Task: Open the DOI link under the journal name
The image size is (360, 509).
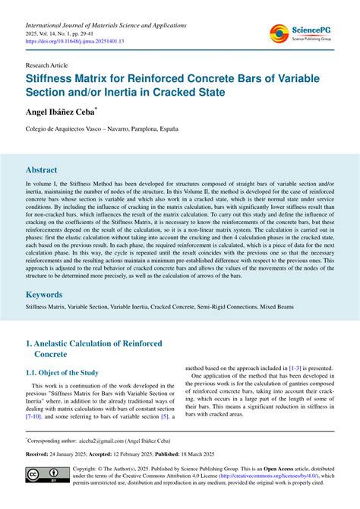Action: point(74,42)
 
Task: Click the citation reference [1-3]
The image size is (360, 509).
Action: point(298,368)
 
